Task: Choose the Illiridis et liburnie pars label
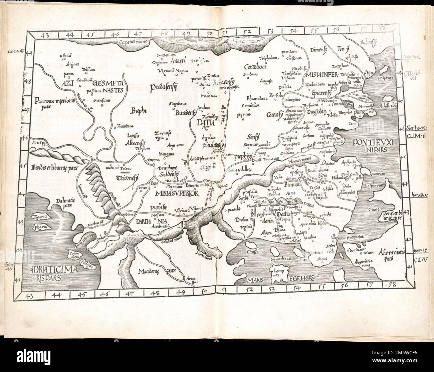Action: [x=50, y=167]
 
